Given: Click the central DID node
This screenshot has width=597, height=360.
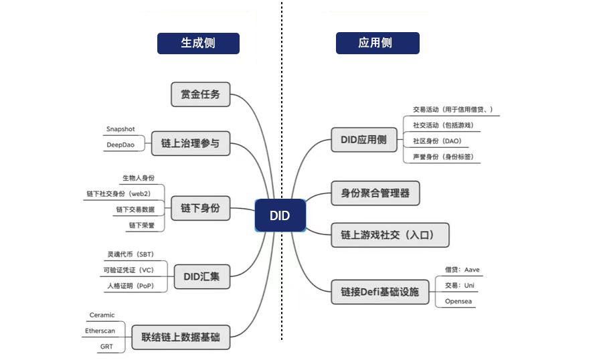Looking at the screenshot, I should tap(280, 215).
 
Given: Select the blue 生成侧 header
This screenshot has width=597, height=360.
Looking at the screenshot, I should tap(198, 43).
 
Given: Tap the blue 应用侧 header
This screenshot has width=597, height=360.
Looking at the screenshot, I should tap(377, 43).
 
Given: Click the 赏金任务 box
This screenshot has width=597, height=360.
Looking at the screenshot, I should tap(200, 94).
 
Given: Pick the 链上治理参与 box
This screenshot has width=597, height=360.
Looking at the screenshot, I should tap(190, 143).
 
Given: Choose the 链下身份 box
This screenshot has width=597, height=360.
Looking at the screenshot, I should tap(200, 207).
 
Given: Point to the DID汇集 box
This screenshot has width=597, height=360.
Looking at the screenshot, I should tap(201, 275).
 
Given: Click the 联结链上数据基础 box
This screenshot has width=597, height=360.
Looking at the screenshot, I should tap(180, 337).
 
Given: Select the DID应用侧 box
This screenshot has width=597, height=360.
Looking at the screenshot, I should tap(363, 141).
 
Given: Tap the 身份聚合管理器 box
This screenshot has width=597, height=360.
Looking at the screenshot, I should tap(375, 193).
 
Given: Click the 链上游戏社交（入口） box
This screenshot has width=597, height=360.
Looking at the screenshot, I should tap(390, 234).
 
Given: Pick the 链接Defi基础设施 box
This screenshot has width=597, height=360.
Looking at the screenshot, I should tap(379, 292).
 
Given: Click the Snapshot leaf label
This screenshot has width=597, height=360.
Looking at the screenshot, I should tap(120, 129).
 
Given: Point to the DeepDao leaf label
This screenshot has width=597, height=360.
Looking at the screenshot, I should tap(120, 145).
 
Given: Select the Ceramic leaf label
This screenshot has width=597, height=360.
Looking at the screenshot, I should tap(102, 315).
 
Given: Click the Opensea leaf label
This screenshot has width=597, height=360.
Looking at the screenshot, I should tap(459, 301).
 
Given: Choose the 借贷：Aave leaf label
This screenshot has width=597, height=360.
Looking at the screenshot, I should tap(462, 270).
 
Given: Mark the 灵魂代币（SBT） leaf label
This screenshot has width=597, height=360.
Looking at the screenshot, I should tap(131, 255).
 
